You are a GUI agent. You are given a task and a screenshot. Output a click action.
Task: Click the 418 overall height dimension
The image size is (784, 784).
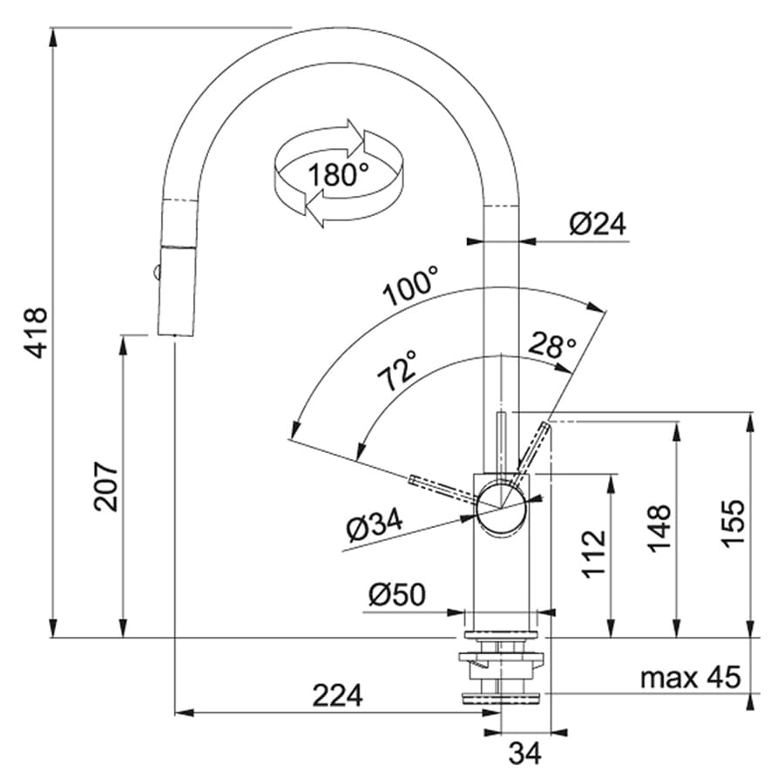[x=37, y=333]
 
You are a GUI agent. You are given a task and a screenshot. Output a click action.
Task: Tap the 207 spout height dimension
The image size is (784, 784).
[x=105, y=486]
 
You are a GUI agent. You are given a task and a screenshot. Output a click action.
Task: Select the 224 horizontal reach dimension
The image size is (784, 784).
[x=337, y=695]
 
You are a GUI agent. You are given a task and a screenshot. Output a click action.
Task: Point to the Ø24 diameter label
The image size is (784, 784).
[x=598, y=224]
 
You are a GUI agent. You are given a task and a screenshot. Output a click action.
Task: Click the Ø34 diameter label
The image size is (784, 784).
[x=375, y=526]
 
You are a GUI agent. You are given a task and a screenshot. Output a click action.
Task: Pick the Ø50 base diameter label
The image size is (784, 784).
[x=397, y=594]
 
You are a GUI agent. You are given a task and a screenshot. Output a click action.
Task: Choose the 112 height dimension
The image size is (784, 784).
[x=594, y=553]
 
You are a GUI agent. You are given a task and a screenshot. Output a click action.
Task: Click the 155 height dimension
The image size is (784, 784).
[x=733, y=523]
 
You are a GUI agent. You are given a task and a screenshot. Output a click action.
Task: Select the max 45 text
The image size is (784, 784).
[x=691, y=678]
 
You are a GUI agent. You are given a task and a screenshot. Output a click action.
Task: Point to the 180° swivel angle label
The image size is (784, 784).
[x=338, y=174]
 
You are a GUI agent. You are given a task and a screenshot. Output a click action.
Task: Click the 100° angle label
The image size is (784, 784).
[x=411, y=286]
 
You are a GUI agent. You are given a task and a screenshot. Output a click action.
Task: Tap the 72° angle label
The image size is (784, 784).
[x=397, y=370]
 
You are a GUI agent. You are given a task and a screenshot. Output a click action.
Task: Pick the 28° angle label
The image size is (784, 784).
[x=551, y=344]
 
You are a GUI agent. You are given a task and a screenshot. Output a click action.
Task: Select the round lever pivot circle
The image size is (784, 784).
[x=502, y=509]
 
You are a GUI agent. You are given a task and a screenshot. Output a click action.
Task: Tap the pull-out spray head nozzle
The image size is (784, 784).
[x=177, y=290]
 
